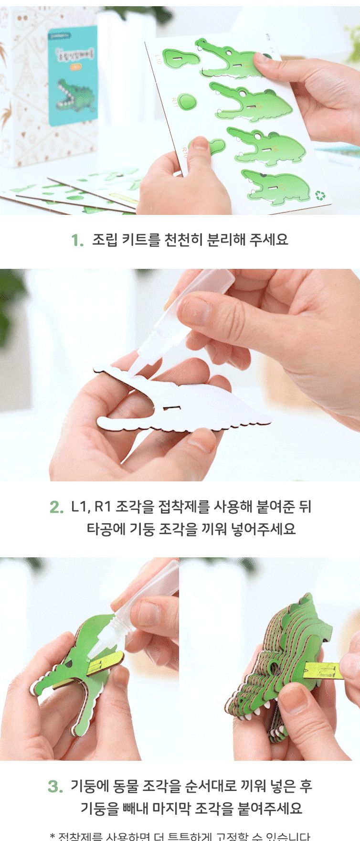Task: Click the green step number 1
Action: tap(76, 240)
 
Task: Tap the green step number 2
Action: tap(56, 507)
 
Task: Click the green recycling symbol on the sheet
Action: tap(319, 195)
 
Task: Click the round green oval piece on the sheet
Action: tap(189, 100)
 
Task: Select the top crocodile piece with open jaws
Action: tap(229, 60)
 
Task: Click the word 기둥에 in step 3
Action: tap(90, 786)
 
